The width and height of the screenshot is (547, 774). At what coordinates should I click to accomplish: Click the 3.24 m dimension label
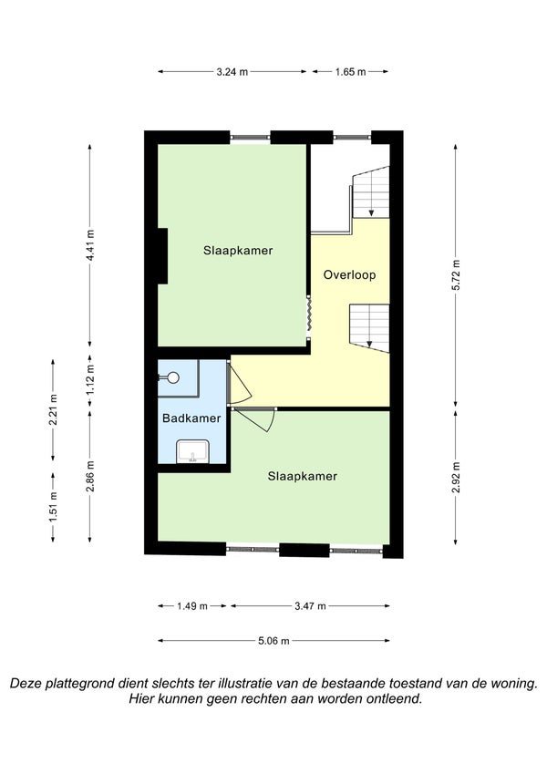(232, 72)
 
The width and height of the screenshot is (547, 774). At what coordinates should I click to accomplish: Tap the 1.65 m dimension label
(350, 72)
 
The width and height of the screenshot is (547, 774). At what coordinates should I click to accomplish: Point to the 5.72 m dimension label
(456, 274)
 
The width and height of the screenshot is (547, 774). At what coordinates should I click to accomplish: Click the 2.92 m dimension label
(456, 478)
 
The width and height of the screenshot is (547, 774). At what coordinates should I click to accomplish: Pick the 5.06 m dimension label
(274, 641)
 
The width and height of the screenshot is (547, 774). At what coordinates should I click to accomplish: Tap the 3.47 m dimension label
(311, 605)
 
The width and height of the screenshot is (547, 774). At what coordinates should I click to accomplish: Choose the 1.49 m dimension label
(192, 605)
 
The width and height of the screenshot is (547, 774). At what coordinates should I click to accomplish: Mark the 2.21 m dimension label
(53, 409)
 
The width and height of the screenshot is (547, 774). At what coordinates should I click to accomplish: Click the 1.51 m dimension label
(53, 507)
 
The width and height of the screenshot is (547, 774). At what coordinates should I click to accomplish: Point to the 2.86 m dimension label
(90, 477)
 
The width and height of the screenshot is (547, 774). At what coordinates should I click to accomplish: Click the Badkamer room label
(191, 418)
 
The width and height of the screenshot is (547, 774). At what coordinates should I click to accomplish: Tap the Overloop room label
(349, 275)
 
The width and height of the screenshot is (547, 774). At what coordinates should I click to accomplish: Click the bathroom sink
(193, 451)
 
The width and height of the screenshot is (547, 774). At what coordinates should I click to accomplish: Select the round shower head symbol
(173, 377)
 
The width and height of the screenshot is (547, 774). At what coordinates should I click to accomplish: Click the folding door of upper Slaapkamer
(308, 316)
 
